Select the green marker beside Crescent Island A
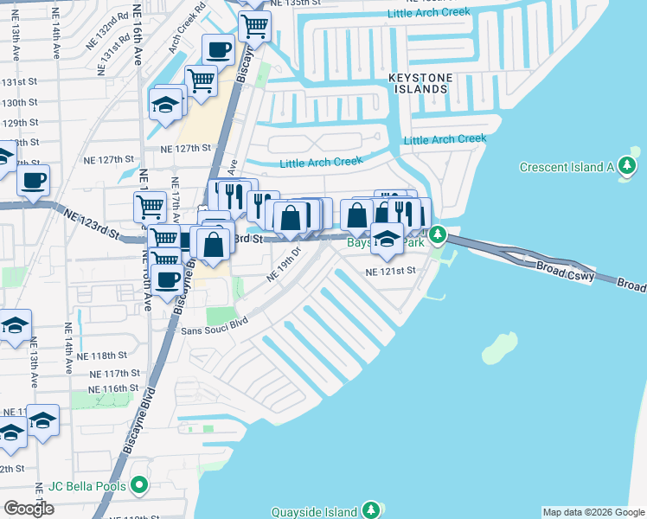[x=633, y=163]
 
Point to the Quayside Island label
[x=315, y=511]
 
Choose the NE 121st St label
[x=391, y=271]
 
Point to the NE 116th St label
[x=112, y=389]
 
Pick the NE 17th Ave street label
[x=175, y=202]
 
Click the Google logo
[x=29, y=509]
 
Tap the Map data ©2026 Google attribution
[x=593, y=512]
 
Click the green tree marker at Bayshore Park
[x=439, y=234]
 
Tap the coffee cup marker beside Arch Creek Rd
[x=219, y=50]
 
